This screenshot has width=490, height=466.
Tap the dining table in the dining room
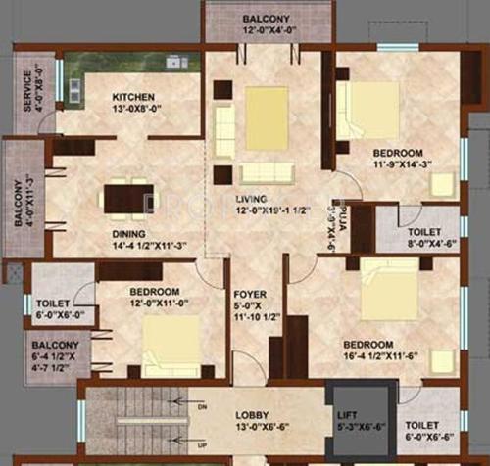click(x=128, y=196)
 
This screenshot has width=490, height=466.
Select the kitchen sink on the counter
click(x=175, y=62)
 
